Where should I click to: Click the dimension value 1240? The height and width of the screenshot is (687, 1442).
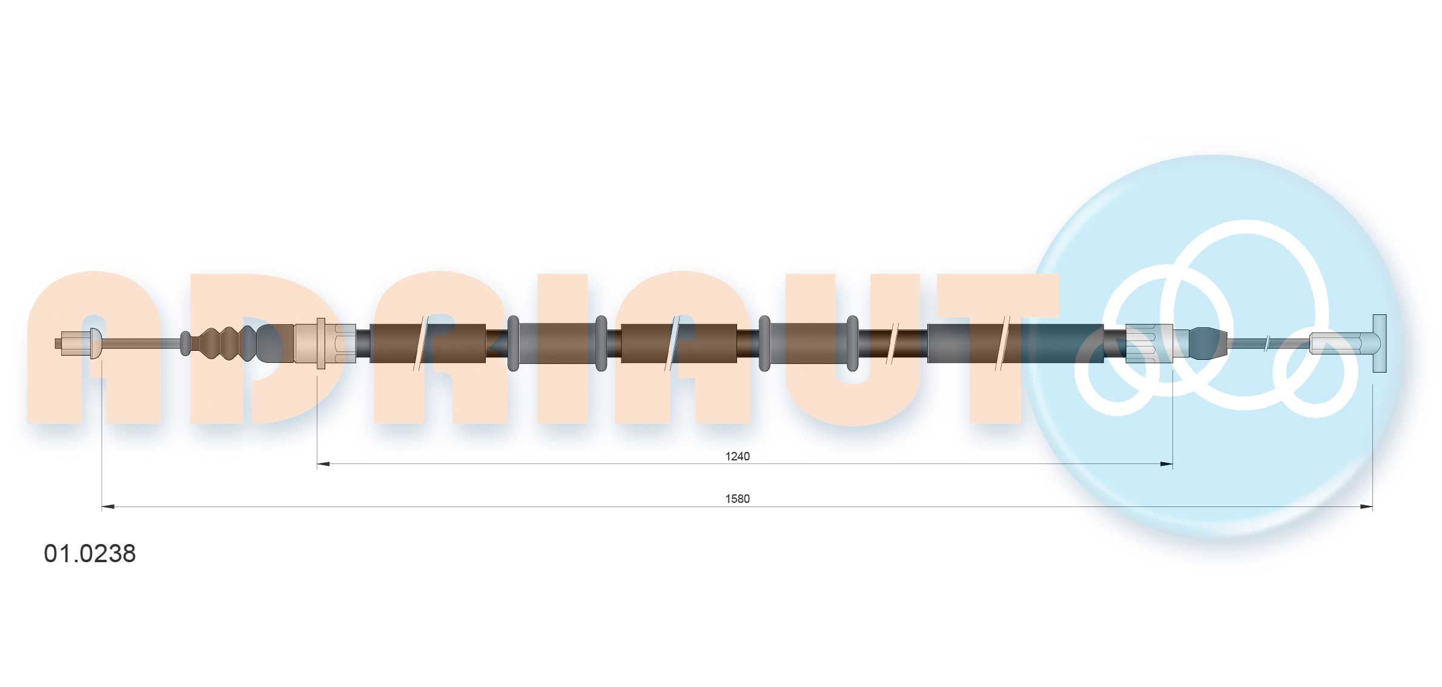pos(737,456)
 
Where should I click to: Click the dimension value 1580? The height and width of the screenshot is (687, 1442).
pos(737,499)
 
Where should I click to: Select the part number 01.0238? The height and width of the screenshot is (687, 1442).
pos(90,554)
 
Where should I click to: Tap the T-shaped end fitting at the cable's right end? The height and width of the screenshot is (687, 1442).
pos(1379,343)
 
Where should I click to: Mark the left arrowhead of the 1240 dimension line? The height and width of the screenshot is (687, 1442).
pos(323,464)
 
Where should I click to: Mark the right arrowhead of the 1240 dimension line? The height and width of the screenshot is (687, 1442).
pos(1166,464)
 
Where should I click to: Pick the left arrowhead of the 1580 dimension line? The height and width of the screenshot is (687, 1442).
pos(108,506)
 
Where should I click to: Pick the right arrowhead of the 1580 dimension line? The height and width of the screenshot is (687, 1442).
pos(1366,506)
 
